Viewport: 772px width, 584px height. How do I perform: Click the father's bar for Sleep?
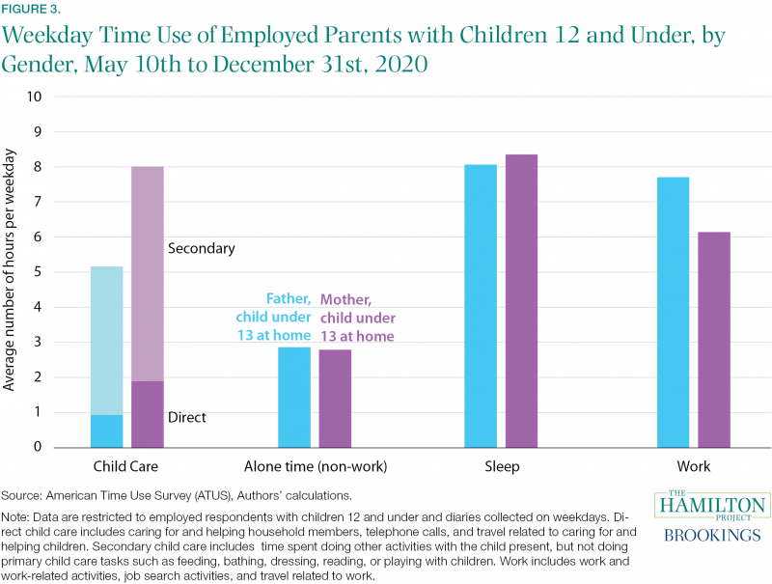pos(481,306)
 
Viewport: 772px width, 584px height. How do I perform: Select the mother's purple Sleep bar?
pos(521,301)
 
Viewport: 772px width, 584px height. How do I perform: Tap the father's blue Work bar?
pos(673,312)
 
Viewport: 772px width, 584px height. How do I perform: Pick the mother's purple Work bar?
pos(714,340)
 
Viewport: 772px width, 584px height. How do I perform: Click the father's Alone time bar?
pos(294,398)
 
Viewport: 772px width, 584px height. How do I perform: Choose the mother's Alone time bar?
pos(335,399)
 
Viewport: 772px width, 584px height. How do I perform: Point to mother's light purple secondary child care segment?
pos(148,274)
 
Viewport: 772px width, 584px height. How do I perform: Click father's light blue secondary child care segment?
pos(107,341)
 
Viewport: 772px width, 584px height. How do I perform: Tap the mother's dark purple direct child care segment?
pos(148,414)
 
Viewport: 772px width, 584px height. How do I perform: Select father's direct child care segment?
pos(107,431)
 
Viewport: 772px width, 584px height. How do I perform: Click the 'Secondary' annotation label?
pos(202,249)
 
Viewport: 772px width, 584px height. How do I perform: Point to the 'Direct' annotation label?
pos(187,418)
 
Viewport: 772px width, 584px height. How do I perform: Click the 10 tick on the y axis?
pos(35,97)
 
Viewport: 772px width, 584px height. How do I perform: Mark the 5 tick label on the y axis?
pos(38,272)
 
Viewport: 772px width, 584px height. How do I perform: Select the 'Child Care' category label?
pos(125,466)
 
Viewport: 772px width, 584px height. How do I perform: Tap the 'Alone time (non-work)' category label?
pos(316,466)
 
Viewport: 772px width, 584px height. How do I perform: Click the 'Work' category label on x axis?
pos(694,466)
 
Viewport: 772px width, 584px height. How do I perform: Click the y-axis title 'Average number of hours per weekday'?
pos(9,270)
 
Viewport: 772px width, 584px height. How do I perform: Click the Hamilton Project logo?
pos(712,505)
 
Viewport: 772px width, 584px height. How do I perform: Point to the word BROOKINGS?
pos(712,535)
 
